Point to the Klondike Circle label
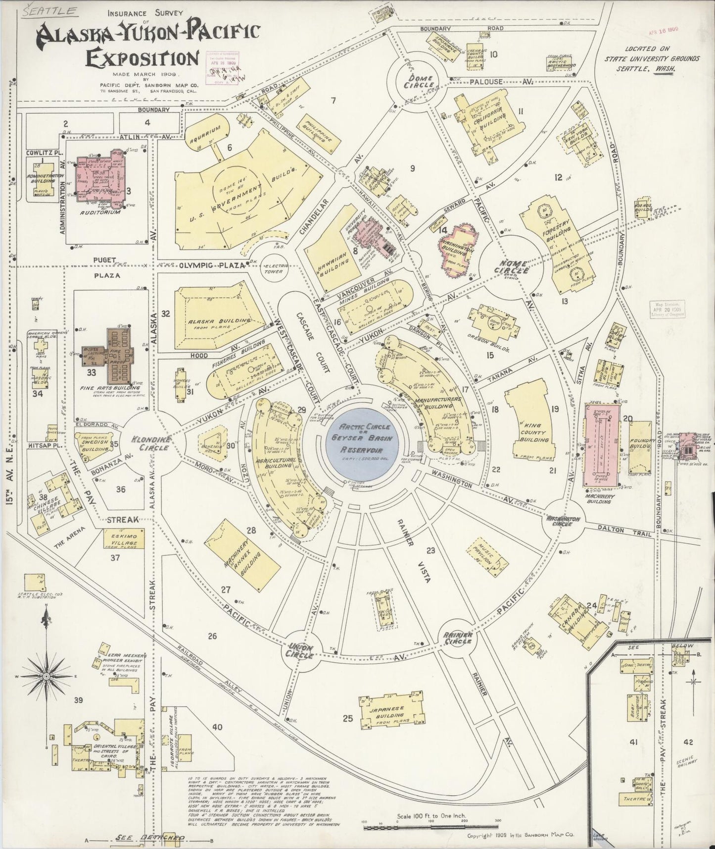(150, 443)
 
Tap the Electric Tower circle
(274, 268)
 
